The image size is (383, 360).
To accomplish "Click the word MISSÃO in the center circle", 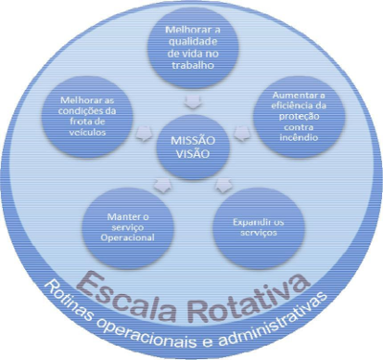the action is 192,141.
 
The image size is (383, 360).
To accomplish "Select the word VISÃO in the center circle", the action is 192,154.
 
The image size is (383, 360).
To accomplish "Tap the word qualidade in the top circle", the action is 193,42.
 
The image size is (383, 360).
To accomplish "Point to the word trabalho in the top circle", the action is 192,65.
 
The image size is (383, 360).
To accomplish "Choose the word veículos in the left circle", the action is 87,132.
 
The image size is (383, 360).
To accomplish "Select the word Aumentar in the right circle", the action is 293,95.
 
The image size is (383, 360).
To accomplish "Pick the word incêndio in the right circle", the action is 299,138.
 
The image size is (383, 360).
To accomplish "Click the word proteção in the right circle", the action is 299,117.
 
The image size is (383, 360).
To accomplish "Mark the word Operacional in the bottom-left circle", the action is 127,237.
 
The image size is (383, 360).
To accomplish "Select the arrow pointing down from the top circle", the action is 192,101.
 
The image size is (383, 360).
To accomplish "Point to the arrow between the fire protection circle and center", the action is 242,133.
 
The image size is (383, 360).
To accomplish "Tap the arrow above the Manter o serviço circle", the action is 163,185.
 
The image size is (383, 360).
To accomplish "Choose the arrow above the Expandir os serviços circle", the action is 223,185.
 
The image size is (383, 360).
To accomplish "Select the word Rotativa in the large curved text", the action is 249,298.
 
